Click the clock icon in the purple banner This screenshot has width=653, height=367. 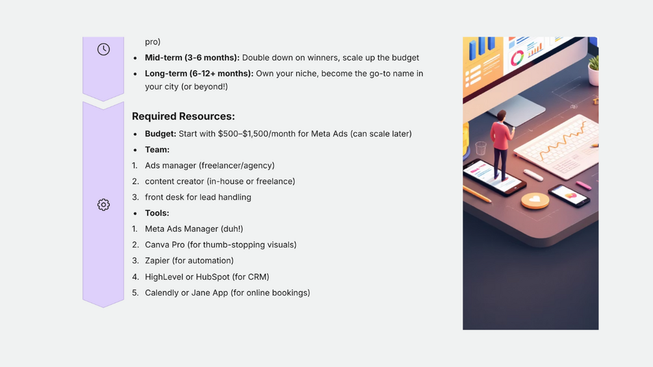pos(104,49)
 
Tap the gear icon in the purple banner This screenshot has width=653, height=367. pos(104,205)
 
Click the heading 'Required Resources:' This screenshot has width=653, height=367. pos(183,116)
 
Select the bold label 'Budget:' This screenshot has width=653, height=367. pos(160,134)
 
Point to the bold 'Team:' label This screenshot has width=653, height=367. pos(157,149)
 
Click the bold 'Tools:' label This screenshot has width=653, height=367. pos(157,213)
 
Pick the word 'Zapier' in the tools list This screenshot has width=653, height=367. pos(157,260)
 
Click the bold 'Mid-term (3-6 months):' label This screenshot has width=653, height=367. pos(192,57)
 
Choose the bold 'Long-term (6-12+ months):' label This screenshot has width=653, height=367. pos(199,73)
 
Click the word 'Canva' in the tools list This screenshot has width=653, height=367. pos(156,245)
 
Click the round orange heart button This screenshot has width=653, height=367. pos(535,201)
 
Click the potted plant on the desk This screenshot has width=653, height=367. pos(593,70)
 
